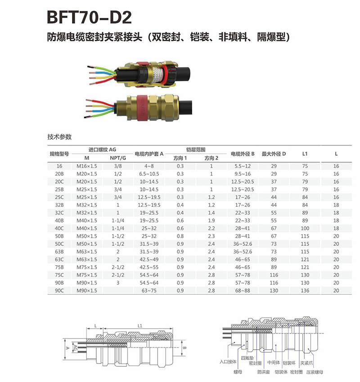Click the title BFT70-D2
89,17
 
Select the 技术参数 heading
59,137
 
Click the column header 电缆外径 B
243,154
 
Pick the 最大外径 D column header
274,154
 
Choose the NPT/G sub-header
118,158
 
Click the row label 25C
59,197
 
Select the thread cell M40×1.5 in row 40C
86,228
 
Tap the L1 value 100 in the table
305,228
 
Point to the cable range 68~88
243,290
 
